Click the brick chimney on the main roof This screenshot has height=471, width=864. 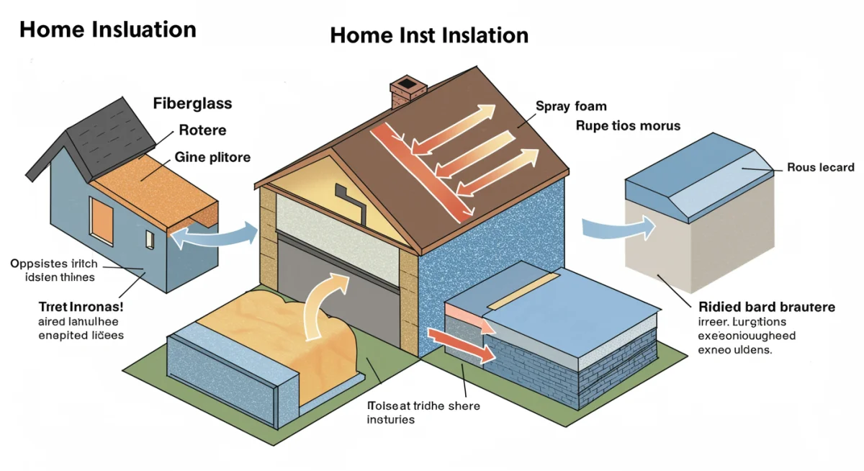tap(404, 92)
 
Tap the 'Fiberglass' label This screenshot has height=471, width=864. tap(192, 103)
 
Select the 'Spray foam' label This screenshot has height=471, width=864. tap(570, 107)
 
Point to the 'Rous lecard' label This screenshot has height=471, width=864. tap(820, 168)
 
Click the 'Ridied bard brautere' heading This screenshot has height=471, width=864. tap(767, 308)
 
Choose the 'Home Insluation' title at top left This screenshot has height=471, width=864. tap(107, 30)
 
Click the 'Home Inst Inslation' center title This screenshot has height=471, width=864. tap(429, 35)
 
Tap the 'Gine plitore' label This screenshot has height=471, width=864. tap(212, 157)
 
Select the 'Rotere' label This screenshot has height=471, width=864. tap(202, 130)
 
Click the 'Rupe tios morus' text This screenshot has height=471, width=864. tap(628, 126)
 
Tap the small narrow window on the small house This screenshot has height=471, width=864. tap(149, 239)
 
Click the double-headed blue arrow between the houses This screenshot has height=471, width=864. tap(213, 235)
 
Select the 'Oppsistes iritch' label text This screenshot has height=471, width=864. tap(54, 264)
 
